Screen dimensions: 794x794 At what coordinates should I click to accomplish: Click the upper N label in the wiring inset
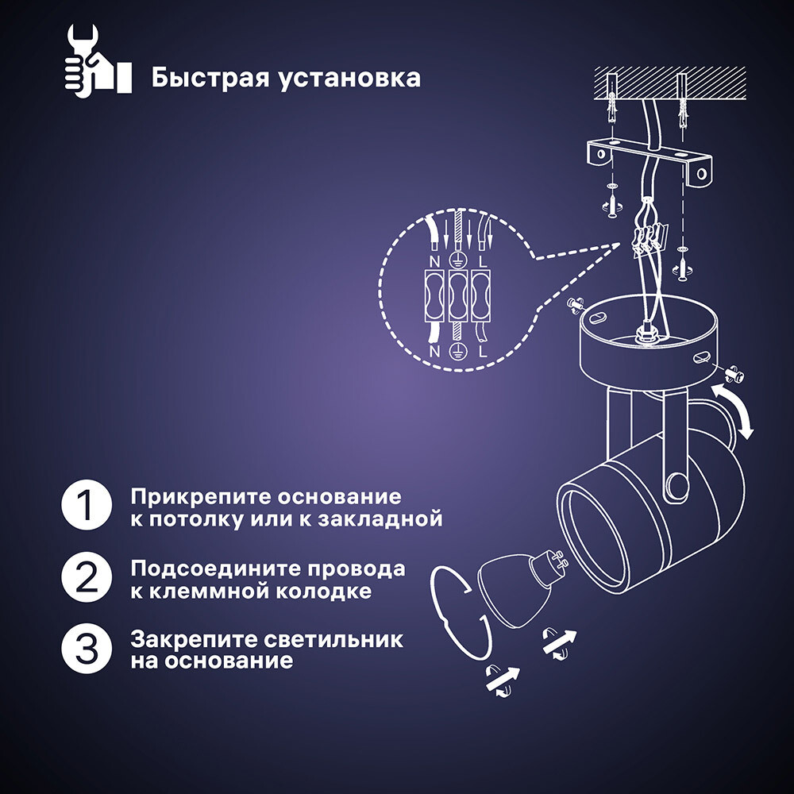click(435, 260)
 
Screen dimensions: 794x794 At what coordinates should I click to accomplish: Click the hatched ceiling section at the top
click(671, 82)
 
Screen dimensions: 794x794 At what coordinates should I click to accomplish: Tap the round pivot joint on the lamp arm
click(676, 484)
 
